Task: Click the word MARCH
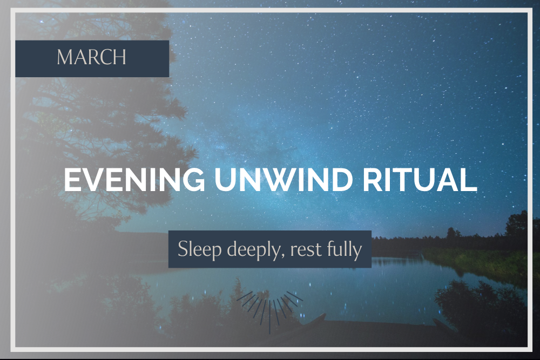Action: [x=92, y=57]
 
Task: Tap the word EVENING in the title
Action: [x=134, y=179]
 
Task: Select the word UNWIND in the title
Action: [x=284, y=179]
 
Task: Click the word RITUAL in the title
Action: [x=420, y=179]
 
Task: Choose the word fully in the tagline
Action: [x=345, y=249]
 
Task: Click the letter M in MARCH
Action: [x=65, y=57]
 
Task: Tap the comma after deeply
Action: [x=284, y=256]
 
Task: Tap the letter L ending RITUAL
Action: [x=469, y=179]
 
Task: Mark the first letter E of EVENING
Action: [x=72, y=179]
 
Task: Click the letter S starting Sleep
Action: [x=182, y=249]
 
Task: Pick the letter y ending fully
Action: [x=358, y=252]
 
